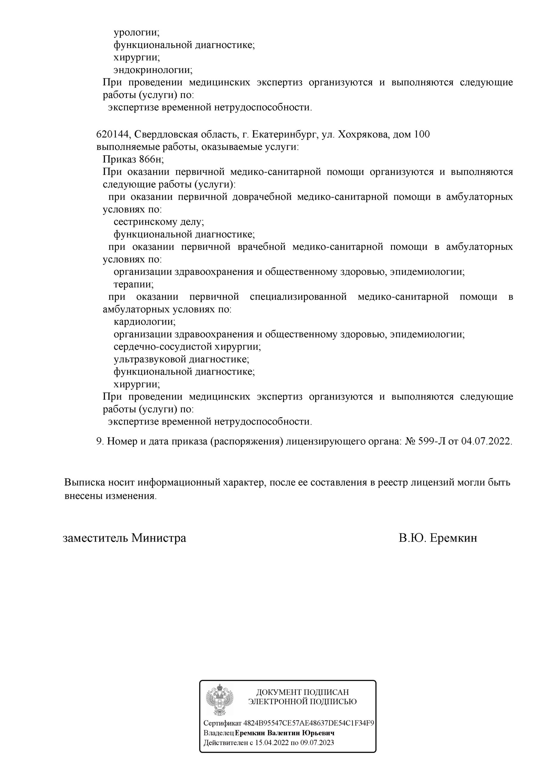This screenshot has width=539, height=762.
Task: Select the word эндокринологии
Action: point(152,70)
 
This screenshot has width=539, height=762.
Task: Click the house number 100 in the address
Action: point(422,135)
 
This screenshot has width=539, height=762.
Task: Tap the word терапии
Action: point(133,285)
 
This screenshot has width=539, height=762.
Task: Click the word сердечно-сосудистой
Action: point(163,347)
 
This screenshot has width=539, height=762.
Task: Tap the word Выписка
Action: point(85,483)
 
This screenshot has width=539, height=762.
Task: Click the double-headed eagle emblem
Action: point(219,701)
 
